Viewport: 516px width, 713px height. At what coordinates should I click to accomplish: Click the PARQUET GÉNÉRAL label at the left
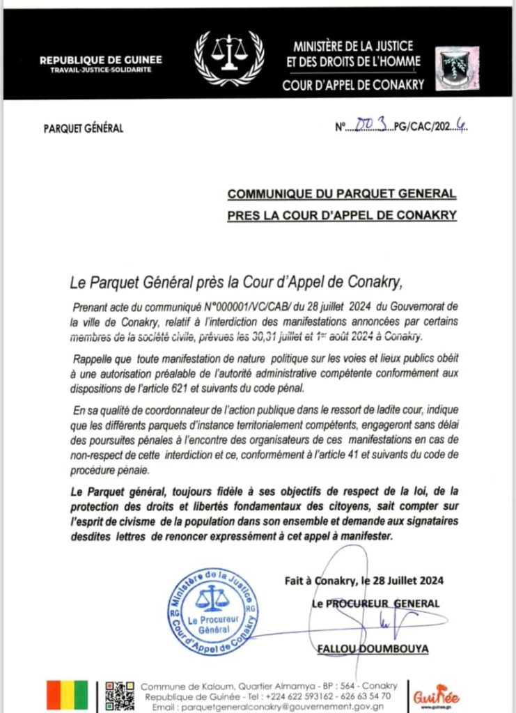click(x=83, y=128)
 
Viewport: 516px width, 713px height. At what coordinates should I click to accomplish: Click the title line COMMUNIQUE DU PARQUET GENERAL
click(x=341, y=193)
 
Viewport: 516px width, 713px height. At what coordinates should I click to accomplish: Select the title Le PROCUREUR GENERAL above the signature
click(x=375, y=603)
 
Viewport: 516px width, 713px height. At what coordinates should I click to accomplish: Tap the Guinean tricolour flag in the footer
click(x=68, y=694)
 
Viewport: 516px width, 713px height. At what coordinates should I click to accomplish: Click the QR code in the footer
click(x=119, y=694)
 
